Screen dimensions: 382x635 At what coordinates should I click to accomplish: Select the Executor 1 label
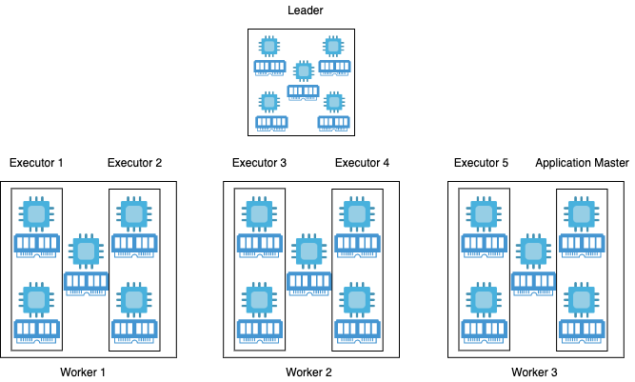click(35, 163)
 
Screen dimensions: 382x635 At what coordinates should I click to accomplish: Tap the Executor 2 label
click(135, 163)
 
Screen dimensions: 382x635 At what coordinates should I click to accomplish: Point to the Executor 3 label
click(259, 163)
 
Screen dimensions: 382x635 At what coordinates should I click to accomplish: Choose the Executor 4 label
click(362, 163)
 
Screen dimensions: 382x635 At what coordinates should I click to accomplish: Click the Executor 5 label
click(481, 163)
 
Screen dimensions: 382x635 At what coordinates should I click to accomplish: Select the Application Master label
click(582, 163)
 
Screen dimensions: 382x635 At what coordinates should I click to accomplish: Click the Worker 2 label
click(309, 372)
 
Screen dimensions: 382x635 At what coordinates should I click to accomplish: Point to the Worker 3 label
click(534, 372)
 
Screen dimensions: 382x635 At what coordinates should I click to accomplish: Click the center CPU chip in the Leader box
click(303, 71)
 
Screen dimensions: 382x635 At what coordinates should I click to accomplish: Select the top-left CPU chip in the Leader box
click(269, 46)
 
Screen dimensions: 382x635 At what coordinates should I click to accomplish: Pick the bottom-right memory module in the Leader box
click(333, 122)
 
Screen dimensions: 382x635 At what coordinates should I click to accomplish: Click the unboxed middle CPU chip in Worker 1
click(86, 251)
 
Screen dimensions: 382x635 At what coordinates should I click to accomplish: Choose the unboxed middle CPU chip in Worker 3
click(531, 251)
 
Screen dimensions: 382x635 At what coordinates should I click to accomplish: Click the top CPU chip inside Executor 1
click(37, 212)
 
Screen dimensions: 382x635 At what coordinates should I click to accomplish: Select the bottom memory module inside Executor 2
click(134, 330)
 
